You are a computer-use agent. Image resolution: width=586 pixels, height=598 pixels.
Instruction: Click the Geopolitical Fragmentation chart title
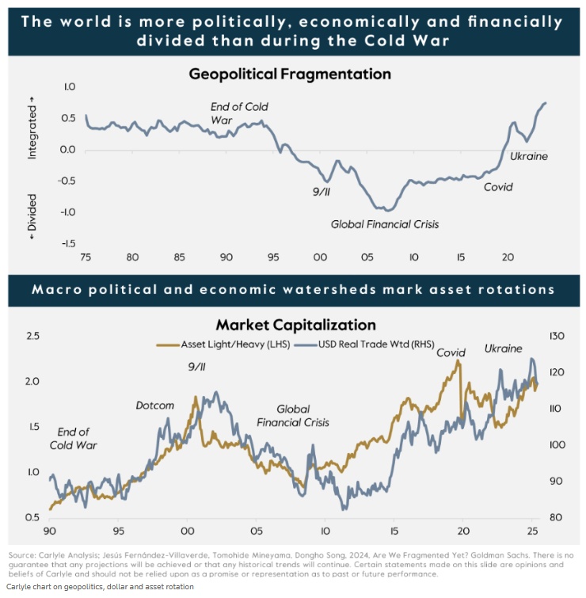point(290,74)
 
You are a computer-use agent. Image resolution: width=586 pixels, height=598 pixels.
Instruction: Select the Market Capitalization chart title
point(295,325)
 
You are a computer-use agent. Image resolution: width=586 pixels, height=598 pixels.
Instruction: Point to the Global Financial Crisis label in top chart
point(384,224)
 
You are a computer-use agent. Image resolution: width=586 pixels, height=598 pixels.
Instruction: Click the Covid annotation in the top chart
point(498,188)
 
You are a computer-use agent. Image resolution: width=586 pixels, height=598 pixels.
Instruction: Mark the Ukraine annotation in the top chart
point(528,156)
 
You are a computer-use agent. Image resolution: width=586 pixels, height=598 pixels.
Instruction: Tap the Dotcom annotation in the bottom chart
point(154,406)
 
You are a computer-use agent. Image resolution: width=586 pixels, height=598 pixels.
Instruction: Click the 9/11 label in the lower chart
point(197,367)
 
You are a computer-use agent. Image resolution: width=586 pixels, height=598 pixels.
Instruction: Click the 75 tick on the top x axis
point(86,257)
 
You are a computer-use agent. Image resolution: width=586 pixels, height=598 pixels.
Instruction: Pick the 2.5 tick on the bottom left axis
point(32,337)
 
